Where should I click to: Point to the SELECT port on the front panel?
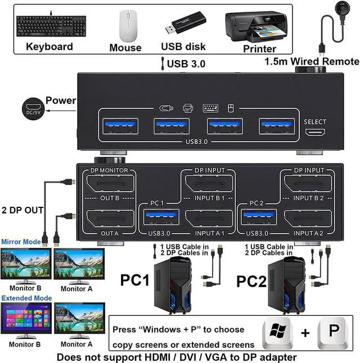point(314,133)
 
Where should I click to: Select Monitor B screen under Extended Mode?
point(26,319)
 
